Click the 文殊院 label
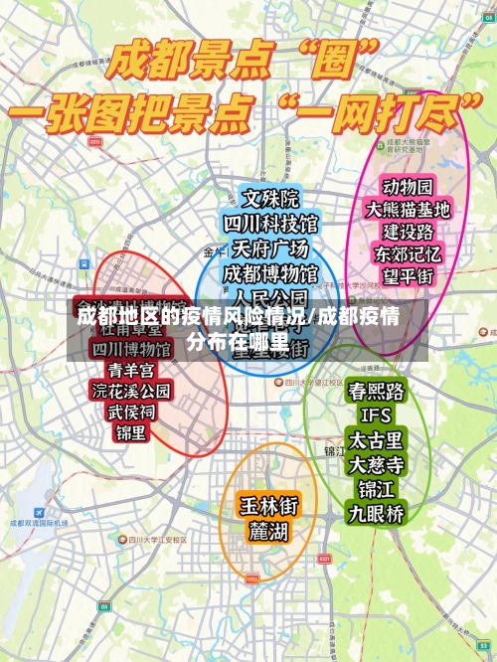(270, 199)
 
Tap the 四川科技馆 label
(270, 223)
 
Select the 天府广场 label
(270, 248)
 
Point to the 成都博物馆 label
(270, 272)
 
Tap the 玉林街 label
(267, 505)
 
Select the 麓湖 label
(267, 531)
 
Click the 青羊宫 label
(130, 371)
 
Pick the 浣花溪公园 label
(130, 392)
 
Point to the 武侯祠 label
(130, 413)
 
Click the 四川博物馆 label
(130, 350)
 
